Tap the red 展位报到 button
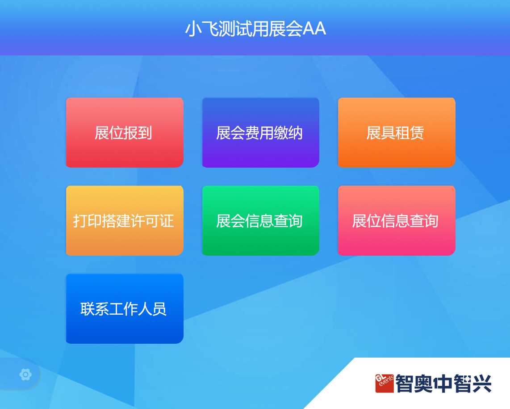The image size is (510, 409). click(125, 133)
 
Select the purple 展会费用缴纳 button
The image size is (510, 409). click(260, 133)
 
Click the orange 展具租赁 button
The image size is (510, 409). click(397, 133)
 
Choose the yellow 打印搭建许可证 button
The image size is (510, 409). click(125, 220)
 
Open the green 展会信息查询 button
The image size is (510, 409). click(260, 220)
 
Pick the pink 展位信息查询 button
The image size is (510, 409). click(397, 220)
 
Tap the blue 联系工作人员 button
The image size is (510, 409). click(125, 308)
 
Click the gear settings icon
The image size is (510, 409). click(26, 375)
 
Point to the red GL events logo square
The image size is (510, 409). click(385, 384)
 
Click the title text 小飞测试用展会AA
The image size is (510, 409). click(255, 29)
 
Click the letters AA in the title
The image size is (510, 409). click(314, 29)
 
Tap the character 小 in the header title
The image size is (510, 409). click(193, 29)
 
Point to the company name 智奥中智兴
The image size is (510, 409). click(443, 384)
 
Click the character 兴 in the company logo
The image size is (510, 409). click(482, 384)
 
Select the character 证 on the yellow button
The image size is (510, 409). click(167, 221)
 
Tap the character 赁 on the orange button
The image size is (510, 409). click(417, 133)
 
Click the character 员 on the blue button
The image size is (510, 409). click(159, 309)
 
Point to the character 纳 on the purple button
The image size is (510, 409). click(295, 133)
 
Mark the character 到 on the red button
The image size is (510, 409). click(145, 133)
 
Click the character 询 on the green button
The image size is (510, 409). click(295, 221)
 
